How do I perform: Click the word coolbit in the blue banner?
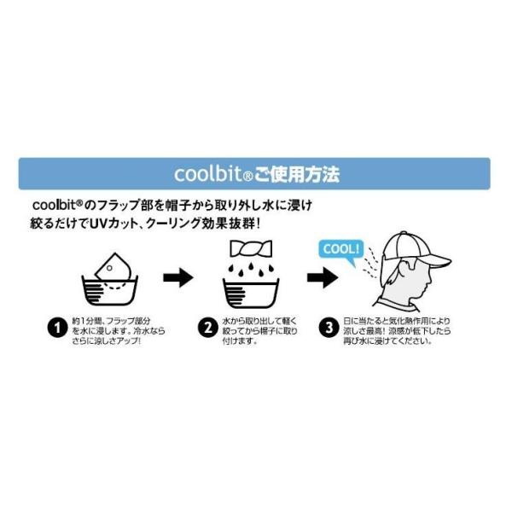click(x=209, y=174)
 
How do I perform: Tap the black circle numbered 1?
click(x=57, y=328)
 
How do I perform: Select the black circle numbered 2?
click(x=207, y=328)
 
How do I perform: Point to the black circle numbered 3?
click(x=329, y=328)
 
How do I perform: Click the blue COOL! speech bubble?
click(x=341, y=252)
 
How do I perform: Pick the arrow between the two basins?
click(x=178, y=278)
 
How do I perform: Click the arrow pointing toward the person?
click(x=323, y=278)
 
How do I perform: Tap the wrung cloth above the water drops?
click(x=251, y=249)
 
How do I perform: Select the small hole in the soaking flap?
click(x=110, y=268)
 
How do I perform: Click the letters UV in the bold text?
click(x=99, y=224)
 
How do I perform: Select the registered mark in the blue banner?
click(x=248, y=177)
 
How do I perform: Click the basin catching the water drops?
click(x=251, y=293)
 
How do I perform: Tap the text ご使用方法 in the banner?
click(x=296, y=174)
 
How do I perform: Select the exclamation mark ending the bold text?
click(x=259, y=224)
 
